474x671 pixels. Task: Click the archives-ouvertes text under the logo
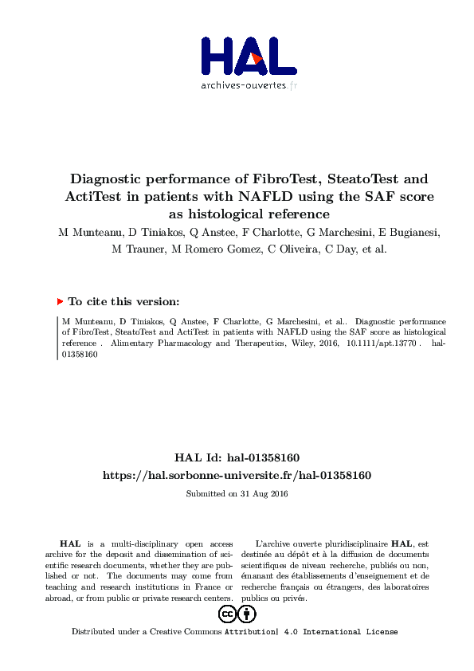point(249,85)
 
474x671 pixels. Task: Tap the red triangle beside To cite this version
point(60,302)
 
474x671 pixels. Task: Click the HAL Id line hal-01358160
point(237,457)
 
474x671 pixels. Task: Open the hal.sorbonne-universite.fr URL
point(237,475)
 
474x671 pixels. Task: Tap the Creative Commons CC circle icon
point(227,614)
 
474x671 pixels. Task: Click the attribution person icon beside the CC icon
point(248,614)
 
